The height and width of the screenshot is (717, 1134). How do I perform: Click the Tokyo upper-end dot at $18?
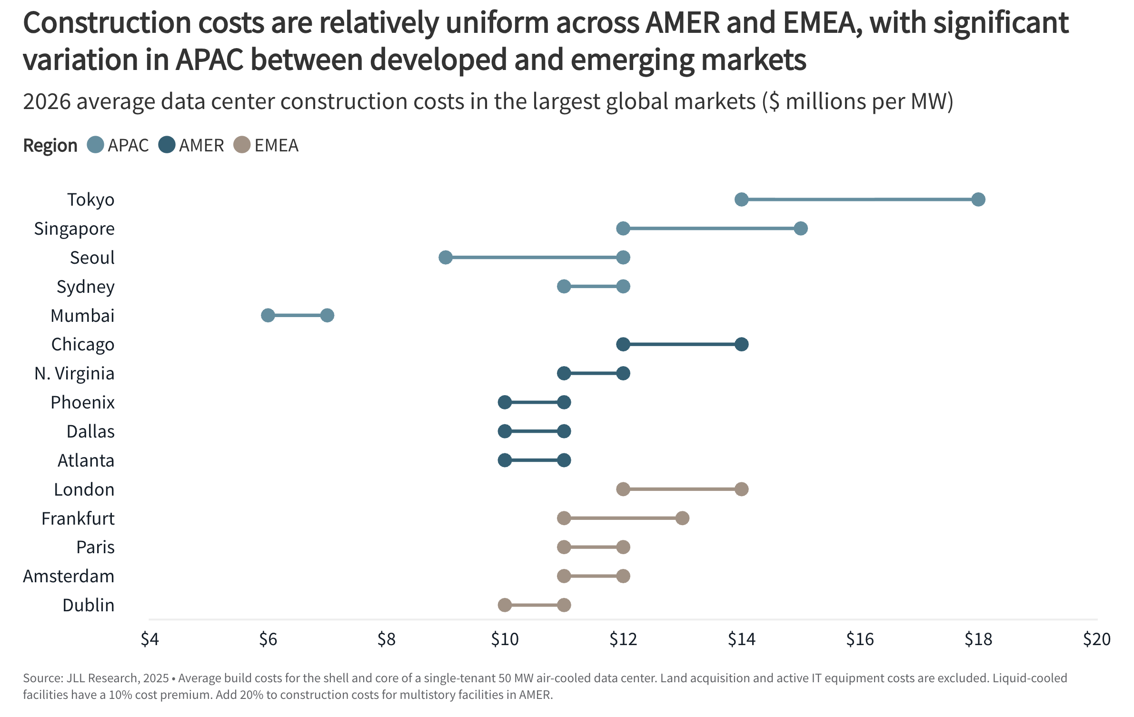click(x=978, y=199)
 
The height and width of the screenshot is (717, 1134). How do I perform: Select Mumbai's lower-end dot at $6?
click(x=268, y=315)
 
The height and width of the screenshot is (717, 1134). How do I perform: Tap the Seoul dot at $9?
click(x=446, y=258)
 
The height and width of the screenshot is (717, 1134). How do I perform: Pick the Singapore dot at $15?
click(x=801, y=229)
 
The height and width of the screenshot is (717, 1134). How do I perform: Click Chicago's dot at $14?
click(x=741, y=344)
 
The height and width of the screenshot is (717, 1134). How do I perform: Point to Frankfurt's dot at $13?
click(x=682, y=518)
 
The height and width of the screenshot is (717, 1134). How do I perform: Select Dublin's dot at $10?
click(x=505, y=605)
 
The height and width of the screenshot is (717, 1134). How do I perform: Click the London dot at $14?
click(x=741, y=489)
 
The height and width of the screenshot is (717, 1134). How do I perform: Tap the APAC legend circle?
click(x=96, y=145)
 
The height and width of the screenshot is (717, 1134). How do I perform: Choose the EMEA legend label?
click(x=276, y=145)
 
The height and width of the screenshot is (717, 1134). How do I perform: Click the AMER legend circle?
click(x=167, y=145)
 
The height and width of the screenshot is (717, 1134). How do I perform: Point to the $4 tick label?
click(x=149, y=639)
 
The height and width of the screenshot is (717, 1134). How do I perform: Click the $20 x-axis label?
click(x=1096, y=639)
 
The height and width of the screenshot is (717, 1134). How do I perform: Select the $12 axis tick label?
click(x=623, y=639)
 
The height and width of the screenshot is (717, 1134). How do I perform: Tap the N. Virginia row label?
click(x=74, y=373)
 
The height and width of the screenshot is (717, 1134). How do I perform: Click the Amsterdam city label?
click(x=69, y=576)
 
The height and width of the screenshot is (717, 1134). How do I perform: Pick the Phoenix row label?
click(x=82, y=402)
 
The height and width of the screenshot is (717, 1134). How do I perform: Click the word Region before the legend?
click(x=50, y=145)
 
